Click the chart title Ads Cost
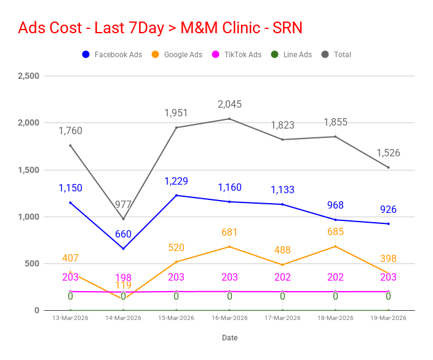(x=160, y=28)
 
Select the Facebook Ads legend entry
(x=112, y=55)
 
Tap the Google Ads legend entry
(x=177, y=55)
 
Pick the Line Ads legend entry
(x=291, y=55)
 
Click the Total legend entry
(x=336, y=55)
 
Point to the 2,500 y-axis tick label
(x=28, y=76)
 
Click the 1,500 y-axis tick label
(x=28, y=170)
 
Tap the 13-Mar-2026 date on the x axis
(x=71, y=318)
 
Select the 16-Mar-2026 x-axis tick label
(x=229, y=318)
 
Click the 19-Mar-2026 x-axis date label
(x=388, y=318)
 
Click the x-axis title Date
(x=229, y=338)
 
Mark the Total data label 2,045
(x=229, y=105)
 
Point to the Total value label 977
(x=124, y=205)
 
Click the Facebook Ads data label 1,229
(x=176, y=181)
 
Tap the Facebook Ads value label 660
(x=124, y=234)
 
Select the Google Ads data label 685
(x=335, y=232)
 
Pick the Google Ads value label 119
(x=124, y=286)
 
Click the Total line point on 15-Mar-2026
(x=177, y=127)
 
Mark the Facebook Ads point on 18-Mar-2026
(x=335, y=220)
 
